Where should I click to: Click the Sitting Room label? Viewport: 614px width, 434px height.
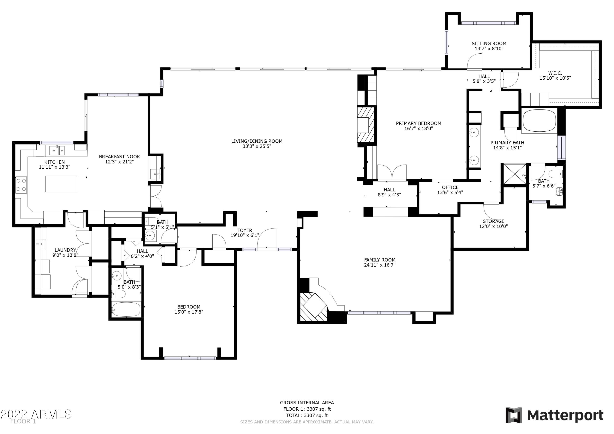pos(489,43)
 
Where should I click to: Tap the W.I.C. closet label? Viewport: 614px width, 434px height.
pos(555,73)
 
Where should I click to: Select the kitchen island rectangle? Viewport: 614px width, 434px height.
pos(61,184)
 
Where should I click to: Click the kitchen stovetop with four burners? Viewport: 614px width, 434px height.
pos(21,185)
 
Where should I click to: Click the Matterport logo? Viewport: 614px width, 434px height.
pos(554,416)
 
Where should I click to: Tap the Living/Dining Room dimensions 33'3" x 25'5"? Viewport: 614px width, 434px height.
pos(257,146)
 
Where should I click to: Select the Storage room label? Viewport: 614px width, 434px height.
pos(493,221)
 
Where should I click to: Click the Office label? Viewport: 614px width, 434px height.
pos(450,187)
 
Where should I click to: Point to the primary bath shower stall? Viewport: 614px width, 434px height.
pos(515,174)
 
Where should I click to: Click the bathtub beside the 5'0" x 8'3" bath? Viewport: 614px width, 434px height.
pos(126,310)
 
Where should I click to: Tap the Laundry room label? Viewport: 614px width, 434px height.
pos(65,250)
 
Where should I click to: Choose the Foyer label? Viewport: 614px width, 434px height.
pos(245,230)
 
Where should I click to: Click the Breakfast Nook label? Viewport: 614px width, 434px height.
pos(119,157)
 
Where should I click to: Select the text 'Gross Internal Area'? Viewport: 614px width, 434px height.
pos(307,402)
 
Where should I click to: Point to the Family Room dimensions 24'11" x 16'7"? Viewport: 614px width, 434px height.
pos(379,265)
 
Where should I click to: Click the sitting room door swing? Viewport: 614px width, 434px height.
pos(474,61)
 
